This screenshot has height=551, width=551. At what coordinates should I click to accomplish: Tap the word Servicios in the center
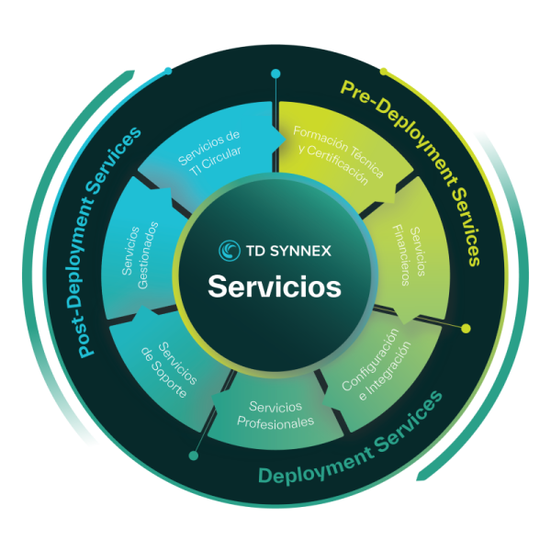[275, 286]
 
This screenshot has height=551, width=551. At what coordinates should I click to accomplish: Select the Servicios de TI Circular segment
[209, 152]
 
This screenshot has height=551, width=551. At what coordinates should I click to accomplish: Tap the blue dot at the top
[275, 73]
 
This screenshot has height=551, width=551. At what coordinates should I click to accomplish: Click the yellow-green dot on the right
[466, 328]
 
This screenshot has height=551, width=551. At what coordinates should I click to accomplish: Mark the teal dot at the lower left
[193, 455]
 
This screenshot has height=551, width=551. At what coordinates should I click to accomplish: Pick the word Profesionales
[275, 422]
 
